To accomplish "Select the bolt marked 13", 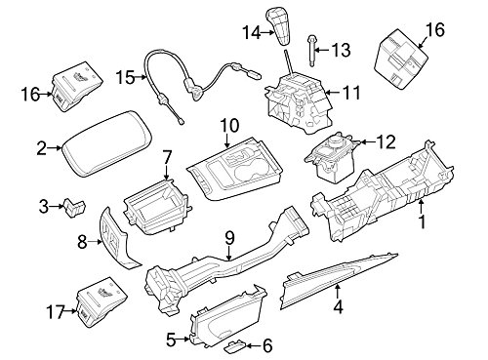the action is click(x=311, y=51).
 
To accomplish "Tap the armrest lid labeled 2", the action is click(x=108, y=143).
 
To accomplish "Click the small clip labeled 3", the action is click(x=75, y=207).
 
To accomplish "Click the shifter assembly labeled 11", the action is click(x=299, y=100).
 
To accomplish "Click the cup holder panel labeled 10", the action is click(x=234, y=169).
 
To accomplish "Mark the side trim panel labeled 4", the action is click(x=339, y=278).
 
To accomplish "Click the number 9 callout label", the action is click(x=229, y=238).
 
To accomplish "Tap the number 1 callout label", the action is click(x=422, y=222).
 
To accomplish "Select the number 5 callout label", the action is click(x=171, y=340).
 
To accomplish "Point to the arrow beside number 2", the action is click(x=55, y=148).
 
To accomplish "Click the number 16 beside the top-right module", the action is click(x=435, y=30).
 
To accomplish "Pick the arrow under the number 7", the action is click(x=167, y=172).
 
